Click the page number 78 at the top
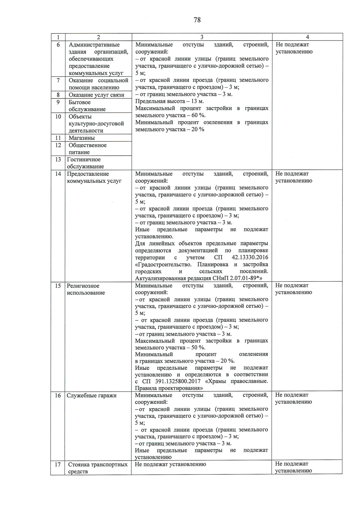tap(197, 20)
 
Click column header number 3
tap(202, 37)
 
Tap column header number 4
tap(307, 37)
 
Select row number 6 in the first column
tap(58, 45)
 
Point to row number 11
tap(58, 138)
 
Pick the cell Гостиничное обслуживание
tap(85, 163)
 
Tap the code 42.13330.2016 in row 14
tap(250, 258)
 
